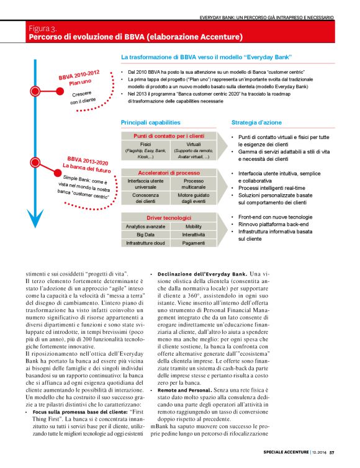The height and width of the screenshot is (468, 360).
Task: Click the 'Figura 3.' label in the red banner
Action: tap(43, 29)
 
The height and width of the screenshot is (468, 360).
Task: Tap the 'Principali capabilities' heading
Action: tap(150, 122)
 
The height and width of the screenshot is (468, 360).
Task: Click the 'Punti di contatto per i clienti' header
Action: tap(169, 135)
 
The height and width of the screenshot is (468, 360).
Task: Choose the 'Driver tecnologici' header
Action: tap(169, 218)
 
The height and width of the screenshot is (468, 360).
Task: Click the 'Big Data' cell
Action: tap(145, 235)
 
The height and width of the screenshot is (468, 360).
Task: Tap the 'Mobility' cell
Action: tap(193, 227)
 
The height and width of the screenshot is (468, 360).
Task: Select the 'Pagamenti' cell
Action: tap(193, 243)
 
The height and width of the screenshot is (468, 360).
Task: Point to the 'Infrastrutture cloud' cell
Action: tap(145, 243)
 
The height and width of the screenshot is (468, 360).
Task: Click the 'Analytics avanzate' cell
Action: tap(145, 227)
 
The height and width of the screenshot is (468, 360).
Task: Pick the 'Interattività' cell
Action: tap(193, 235)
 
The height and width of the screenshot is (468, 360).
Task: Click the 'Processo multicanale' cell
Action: tap(193, 184)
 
